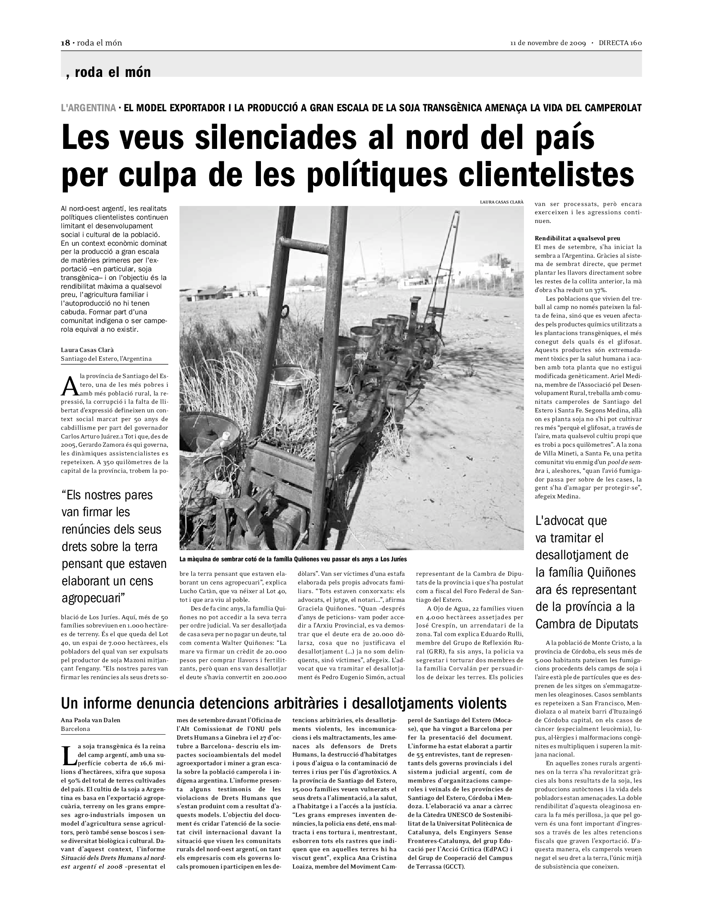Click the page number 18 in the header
[65, 43]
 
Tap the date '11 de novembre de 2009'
[548, 43]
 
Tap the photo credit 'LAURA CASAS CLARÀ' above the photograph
[502, 202]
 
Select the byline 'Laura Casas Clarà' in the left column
[87, 350]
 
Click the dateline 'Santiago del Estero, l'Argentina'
[106, 358]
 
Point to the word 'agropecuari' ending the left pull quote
[93, 599]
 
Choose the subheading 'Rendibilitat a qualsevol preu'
[577, 238]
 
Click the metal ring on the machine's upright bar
[285, 311]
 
